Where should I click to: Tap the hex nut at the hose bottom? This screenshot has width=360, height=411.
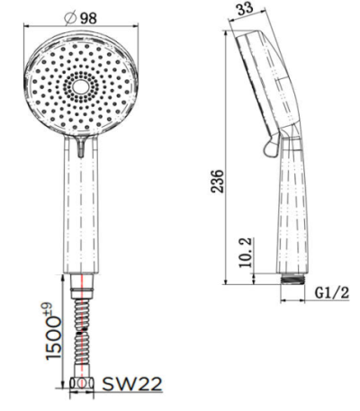click(83, 384)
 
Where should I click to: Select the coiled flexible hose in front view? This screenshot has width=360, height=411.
click(83, 333)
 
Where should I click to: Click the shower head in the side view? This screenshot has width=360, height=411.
click(265, 81)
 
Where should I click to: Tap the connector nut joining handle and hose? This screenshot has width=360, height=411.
click(83, 286)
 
